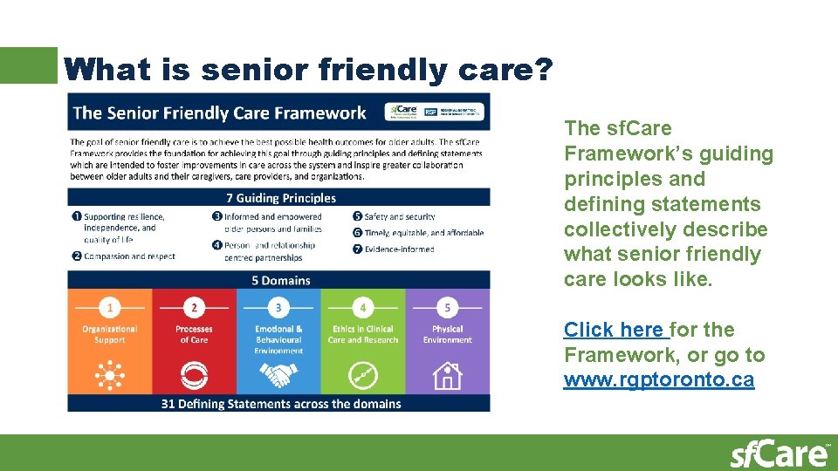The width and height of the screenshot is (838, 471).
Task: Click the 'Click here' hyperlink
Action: (613, 330)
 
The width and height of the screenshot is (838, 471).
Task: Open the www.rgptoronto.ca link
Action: (658, 380)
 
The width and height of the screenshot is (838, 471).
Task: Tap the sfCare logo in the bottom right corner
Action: (780, 454)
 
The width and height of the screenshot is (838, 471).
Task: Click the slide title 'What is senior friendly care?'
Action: (307, 69)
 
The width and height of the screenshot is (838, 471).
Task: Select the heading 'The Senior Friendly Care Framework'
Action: (220, 113)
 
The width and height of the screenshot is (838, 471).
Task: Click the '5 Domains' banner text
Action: (280, 280)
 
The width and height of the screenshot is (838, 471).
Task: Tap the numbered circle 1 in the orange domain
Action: (110, 307)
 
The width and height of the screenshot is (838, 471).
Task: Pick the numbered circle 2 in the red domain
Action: (194, 307)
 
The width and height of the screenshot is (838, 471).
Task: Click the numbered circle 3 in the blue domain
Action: (278, 307)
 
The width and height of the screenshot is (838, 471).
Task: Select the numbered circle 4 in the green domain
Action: (363, 307)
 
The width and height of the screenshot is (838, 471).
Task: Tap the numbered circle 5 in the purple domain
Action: (448, 307)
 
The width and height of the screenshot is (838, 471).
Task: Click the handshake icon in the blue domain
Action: (278, 376)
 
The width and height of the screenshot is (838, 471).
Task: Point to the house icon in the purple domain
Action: (448, 376)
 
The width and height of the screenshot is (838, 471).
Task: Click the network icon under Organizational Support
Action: (110, 376)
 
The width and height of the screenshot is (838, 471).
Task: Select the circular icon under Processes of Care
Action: (194, 376)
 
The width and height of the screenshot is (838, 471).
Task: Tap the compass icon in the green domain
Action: (363, 376)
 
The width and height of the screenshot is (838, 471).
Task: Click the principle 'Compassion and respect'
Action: (129, 256)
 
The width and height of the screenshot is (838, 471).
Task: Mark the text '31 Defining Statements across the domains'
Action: (281, 404)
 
